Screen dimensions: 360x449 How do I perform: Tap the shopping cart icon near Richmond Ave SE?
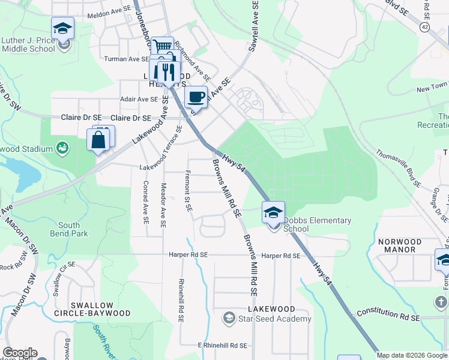[162, 46]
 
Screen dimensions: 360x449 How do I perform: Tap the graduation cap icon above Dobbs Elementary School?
[273, 212]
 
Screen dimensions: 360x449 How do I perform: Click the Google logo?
[20, 353]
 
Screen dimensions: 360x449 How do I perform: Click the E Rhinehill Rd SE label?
[222, 346]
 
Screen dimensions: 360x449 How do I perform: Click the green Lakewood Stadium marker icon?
[62, 146]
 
